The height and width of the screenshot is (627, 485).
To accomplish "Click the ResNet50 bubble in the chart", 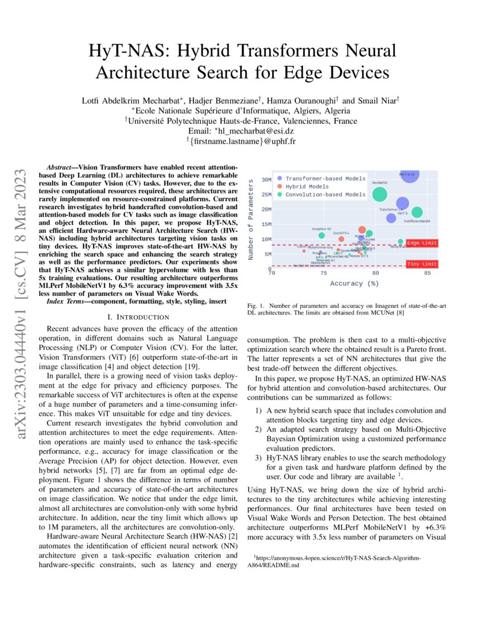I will [x=379, y=194].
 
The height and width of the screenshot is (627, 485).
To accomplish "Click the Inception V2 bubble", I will [x=322, y=235].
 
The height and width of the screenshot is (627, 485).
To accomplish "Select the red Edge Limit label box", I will [x=422, y=243].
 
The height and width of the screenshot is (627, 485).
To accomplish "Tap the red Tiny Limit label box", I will [x=422, y=264].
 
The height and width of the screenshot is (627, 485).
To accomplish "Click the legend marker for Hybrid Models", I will [x=278, y=186].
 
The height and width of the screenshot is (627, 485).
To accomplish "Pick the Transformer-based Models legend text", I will [x=325, y=178].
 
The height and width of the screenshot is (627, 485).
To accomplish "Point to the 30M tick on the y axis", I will [x=266, y=180].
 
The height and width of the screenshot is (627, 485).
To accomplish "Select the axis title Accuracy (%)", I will [x=354, y=283].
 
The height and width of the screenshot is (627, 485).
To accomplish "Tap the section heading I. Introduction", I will [x=140, y=316].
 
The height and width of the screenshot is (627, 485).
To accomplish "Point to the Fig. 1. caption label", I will [x=255, y=306].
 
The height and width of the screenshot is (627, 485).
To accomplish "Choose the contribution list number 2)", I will [x=259, y=429].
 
